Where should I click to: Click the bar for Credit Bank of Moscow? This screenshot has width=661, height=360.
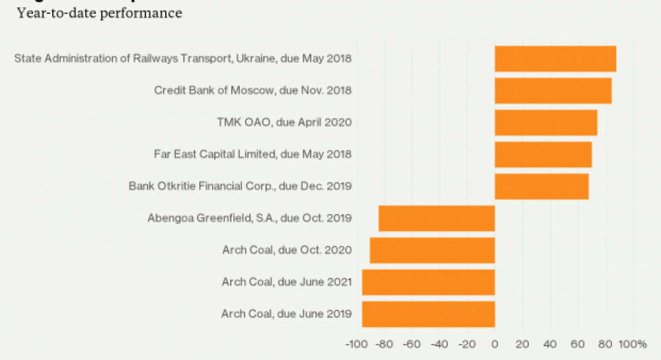553,90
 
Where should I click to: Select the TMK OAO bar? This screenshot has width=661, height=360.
546,122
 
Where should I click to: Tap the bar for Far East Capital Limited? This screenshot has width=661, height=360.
543,154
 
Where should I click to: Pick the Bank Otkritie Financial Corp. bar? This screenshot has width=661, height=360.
541,186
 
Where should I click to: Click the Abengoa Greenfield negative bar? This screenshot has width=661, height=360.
436,218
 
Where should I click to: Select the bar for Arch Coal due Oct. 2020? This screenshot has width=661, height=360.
432,250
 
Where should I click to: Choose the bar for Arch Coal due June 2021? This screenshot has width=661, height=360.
428,282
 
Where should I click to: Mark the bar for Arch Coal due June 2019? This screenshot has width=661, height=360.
428,314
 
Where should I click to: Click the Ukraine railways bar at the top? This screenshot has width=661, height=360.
555,59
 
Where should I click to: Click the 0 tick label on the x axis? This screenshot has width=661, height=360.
494,344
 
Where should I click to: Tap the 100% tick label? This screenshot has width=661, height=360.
633,344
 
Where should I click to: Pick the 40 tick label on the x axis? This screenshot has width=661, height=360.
550,344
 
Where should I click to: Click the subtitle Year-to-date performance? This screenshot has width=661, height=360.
100,13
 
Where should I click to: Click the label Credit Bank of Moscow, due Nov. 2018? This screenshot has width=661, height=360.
253,90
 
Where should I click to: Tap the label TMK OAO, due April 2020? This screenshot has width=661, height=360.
284,122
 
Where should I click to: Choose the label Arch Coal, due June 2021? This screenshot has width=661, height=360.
286,282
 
